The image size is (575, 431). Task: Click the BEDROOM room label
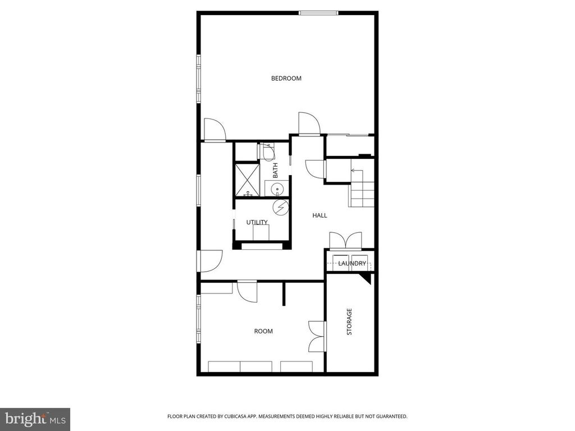286,79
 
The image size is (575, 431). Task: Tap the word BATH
275,171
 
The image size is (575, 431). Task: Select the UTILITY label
257,222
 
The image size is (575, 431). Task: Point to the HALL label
320,215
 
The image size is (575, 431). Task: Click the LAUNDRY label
352,263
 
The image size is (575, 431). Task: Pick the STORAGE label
349,322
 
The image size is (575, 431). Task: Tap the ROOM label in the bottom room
263,331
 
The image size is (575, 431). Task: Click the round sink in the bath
277,189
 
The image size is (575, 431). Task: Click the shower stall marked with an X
247,180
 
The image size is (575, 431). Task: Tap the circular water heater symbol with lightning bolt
280,208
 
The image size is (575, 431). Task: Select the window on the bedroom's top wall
318,12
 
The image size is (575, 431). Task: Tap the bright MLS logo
35,419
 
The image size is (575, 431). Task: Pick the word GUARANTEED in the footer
389,416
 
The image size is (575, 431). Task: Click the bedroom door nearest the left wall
214,130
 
